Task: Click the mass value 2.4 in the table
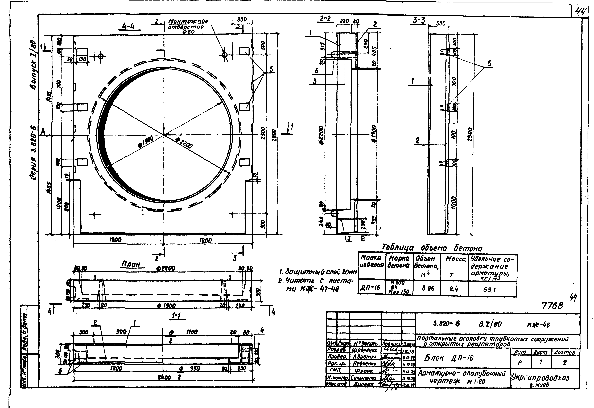coord(454,289)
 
